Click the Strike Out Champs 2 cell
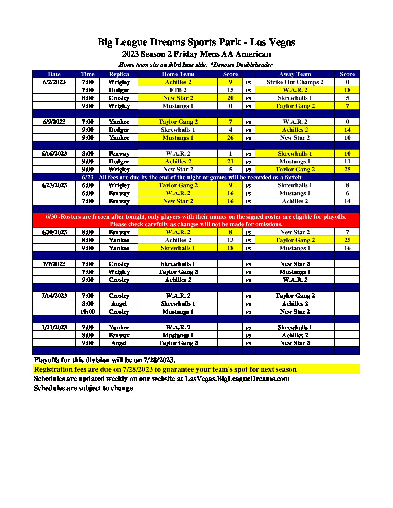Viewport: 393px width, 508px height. point(295,82)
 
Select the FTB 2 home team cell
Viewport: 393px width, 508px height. point(178,90)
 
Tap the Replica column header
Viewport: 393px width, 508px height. point(119,74)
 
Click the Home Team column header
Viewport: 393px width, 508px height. point(178,74)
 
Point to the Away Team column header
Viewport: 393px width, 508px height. point(295,74)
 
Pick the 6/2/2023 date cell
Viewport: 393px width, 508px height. point(54,82)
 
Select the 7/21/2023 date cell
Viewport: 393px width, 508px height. point(54,328)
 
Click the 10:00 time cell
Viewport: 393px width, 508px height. point(87,312)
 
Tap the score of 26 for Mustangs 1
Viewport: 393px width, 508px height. point(230,138)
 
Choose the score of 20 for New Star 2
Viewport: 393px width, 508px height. point(230,98)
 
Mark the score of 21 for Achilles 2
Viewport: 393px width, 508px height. point(230,162)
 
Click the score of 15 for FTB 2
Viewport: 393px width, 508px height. point(230,90)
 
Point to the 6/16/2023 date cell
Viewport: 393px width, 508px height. point(54,154)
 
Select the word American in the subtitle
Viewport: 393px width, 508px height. point(253,54)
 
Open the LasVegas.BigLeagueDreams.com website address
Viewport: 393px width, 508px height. point(237,379)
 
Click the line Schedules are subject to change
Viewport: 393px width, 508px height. point(83,388)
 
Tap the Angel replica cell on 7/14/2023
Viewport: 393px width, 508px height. point(119,304)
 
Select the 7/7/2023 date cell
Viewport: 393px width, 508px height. point(54,264)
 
